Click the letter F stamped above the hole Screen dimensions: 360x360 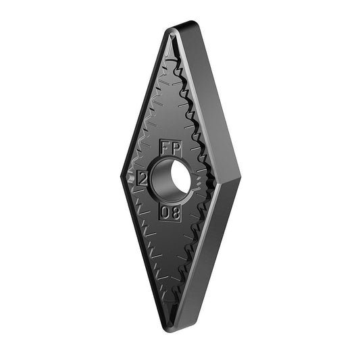pos(165,149)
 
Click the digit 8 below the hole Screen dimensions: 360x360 pos(175,213)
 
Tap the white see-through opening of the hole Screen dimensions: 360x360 pos(181,177)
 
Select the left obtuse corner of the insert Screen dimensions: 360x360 pos(121,176)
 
